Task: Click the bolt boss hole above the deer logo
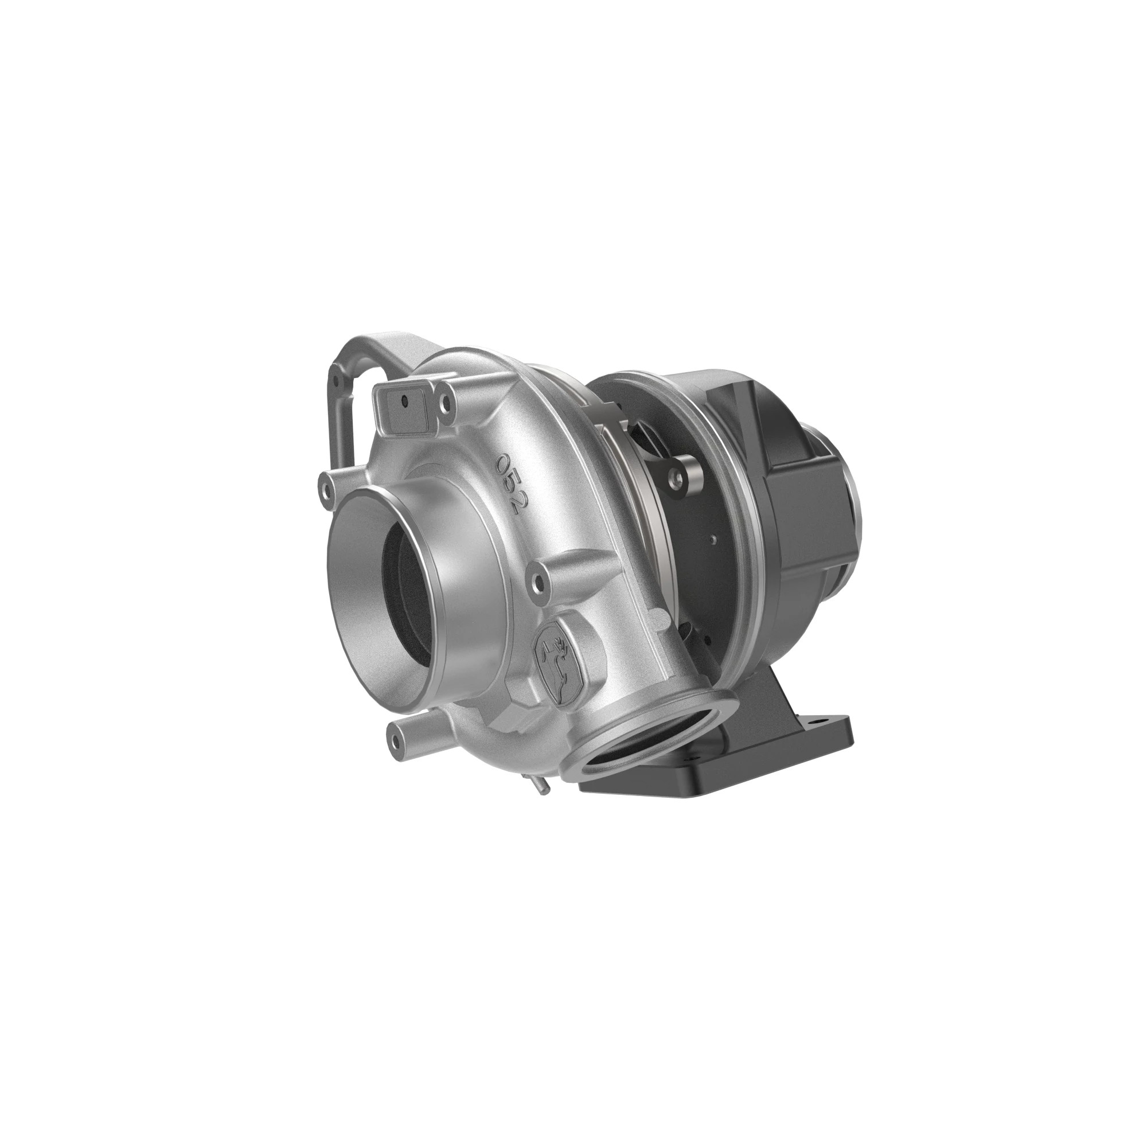pos(539,574)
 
